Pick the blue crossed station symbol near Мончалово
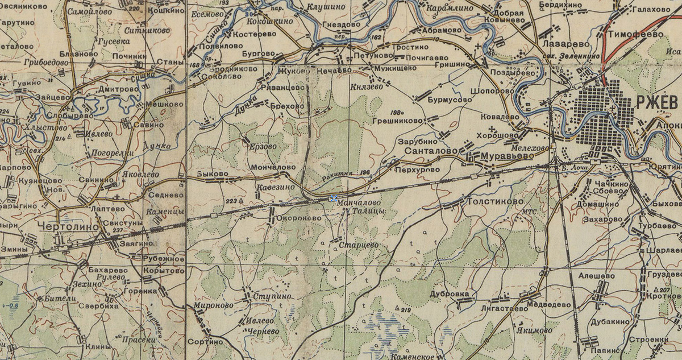(333, 198)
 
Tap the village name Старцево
(358, 245)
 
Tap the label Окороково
(295, 217)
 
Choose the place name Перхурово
(421, 169)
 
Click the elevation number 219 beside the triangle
(405, 310)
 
